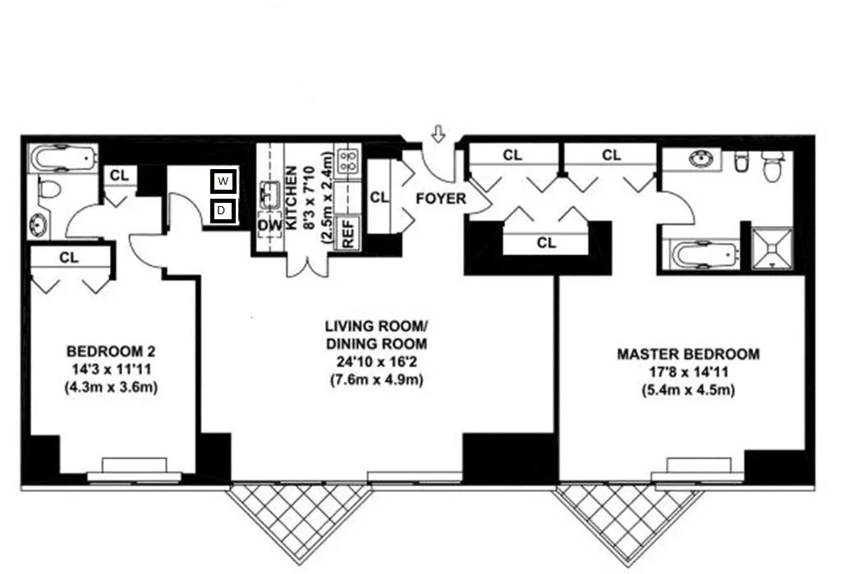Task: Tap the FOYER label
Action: coord(440,199)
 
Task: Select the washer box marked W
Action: coord(223,181)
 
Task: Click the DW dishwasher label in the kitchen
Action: coord(269,225)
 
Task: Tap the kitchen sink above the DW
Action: coord(270,195)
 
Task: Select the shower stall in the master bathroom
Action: coord(774,248)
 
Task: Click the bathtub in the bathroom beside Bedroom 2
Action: coord(62,158)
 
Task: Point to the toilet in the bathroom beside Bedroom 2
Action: coord(49,191)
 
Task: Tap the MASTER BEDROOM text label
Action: coord(688,355)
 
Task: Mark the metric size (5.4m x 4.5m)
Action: coord(688,391)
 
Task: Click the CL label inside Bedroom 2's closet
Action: coord(69,258)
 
